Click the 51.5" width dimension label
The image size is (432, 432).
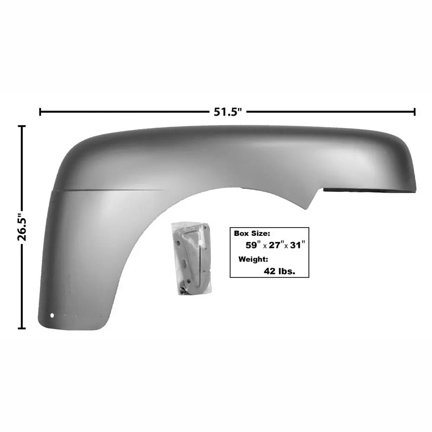point(228,112)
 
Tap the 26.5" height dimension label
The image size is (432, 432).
point(22,227)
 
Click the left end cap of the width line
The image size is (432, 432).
point(40,112)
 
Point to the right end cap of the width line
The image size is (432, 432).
point(414,112)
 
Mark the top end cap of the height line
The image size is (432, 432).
point(22,126)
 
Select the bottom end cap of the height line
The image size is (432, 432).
point(22,328)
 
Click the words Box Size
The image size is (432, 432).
point(252,233)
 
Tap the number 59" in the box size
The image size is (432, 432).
point(253,245)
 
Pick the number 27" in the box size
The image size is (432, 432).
point(276,245)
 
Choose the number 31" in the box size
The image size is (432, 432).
point(297,245)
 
